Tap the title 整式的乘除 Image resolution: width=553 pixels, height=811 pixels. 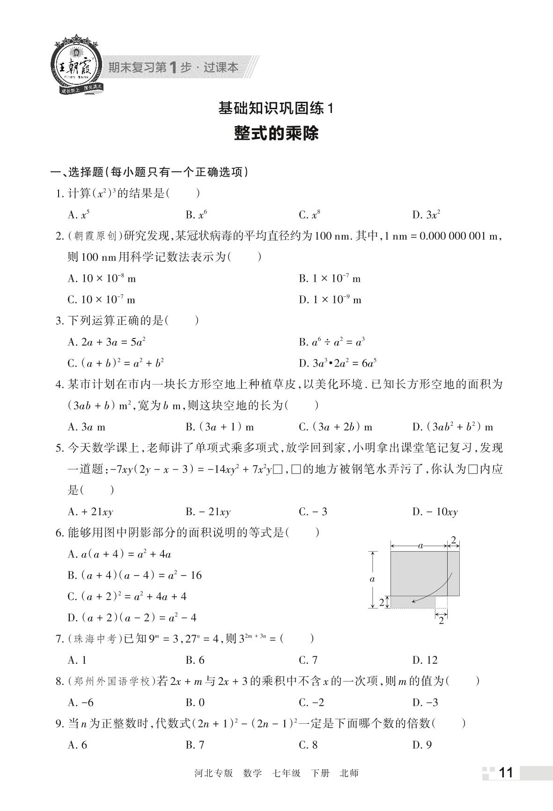click(x=276, y=133)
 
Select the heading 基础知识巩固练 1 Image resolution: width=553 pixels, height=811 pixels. click(x=276, y=109)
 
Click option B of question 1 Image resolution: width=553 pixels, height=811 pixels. click(x=196, y=215)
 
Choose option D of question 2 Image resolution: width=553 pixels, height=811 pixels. click(x=330, y=300)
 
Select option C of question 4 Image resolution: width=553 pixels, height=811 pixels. click(x=335, y=427)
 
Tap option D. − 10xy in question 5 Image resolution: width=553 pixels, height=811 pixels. click(x=435, y=511)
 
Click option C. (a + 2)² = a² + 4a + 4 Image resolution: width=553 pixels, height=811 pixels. click(x=127, y=596)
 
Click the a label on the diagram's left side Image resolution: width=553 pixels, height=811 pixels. click(x=372, y=579)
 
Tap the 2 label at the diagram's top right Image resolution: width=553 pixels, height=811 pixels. click(x=453, y=540)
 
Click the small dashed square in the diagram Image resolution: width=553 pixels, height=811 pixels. click(x=441, y=602)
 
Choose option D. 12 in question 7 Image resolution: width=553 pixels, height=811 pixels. click(x=425, y=660)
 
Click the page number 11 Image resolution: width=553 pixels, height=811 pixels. click(x=507, y=773)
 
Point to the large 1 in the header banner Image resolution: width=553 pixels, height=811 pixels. click(x=173, y=68)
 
